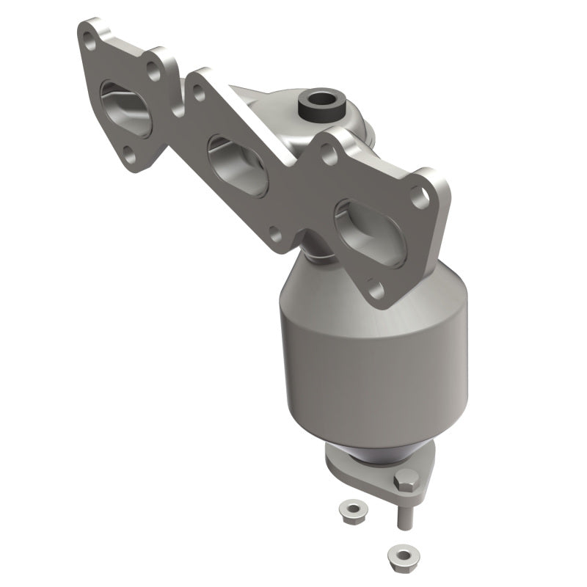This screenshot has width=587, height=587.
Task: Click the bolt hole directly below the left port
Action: [127, 154]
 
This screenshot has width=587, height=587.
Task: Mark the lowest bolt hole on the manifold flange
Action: [376, 288]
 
